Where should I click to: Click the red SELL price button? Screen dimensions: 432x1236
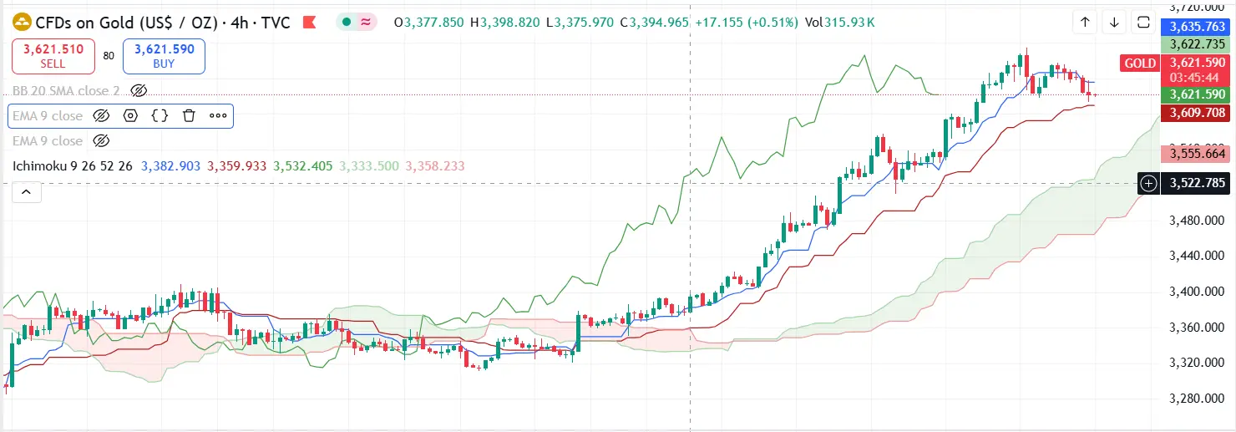click(x=53, y=56)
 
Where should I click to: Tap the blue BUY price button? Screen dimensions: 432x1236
click(x=164, y=56)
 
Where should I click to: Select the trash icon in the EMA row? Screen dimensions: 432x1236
click(x=189, y=116)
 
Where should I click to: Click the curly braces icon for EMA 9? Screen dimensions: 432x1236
click(x=160, y=116)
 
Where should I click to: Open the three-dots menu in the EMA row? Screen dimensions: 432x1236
click(x=218, y=116)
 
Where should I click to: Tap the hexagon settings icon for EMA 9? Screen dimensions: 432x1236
click(x=130, y=116)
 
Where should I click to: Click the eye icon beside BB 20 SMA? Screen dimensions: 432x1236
click(x=139, y=90)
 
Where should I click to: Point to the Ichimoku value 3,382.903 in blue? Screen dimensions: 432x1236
click(x=171, y=166)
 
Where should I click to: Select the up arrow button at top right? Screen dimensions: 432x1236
click(x=1085, y=23)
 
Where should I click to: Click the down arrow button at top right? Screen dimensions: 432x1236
click(x=1114, y=23)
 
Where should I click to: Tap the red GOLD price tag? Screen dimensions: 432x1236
click(x=1140, y=64)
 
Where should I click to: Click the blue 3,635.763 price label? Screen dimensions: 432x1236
click(x=1198, y=27)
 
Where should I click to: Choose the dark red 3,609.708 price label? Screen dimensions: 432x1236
click(x=1198, y=113)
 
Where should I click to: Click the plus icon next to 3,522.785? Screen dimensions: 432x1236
click(x=1149, y=183)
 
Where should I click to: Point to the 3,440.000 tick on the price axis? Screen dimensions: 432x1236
click(x=1198, y=256)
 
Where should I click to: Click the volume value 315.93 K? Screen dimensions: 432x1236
click(x=849, y=23)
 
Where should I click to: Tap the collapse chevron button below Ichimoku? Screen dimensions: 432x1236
click(x=27, y=192)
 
